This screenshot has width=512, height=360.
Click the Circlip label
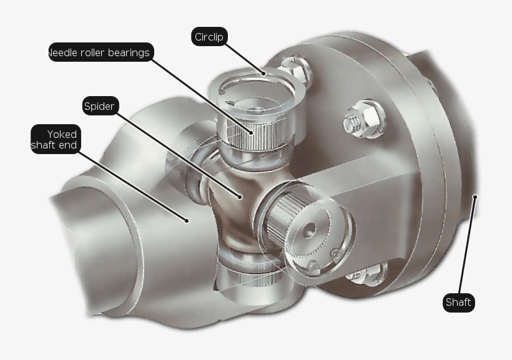(209, 37)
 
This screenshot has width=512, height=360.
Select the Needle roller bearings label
(100, 52)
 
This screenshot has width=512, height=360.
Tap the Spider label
(100, 106)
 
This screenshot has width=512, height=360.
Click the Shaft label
(458, 303)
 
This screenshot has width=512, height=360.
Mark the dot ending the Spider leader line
(240, 197)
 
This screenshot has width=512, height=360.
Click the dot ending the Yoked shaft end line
(187, 220)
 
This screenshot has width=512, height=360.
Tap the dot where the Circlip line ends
(264, 73)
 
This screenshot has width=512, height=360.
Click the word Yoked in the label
(62, 134)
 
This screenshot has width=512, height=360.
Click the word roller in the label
(91, 52)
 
